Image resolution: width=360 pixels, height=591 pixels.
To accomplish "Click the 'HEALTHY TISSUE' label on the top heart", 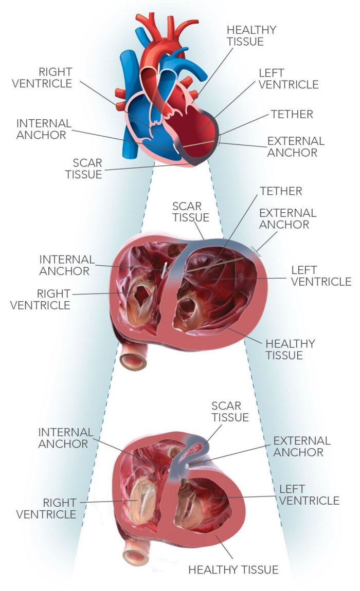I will (251, 35).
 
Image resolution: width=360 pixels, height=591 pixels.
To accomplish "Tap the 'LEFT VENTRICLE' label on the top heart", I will (289, 79).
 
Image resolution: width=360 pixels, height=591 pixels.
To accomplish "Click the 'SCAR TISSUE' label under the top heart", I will (83, 168).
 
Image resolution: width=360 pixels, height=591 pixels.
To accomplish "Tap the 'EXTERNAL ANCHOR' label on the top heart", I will (296, 146).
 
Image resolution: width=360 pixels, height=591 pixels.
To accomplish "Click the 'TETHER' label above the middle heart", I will (281, 191).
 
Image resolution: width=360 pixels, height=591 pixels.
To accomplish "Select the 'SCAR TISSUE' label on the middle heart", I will (191, 212).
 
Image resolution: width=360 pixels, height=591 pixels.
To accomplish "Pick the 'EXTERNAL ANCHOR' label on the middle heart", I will (287, 218).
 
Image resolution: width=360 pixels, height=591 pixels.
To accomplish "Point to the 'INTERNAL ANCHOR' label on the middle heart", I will (67, 265).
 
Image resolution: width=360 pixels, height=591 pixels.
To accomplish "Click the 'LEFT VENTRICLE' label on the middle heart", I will (321, 275).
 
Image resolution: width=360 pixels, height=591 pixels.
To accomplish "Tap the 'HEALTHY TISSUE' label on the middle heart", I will (290, 349).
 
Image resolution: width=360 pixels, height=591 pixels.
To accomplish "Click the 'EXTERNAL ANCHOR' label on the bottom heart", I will (301, 447).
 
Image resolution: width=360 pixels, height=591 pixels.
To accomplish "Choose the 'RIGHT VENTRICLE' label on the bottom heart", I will (46, 508).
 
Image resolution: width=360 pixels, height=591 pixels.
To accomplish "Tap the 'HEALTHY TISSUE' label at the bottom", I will (233, 569).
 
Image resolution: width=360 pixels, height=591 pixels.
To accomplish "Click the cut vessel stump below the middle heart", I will (133, 358).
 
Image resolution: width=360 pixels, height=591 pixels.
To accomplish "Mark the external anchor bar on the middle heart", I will (256, 250).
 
